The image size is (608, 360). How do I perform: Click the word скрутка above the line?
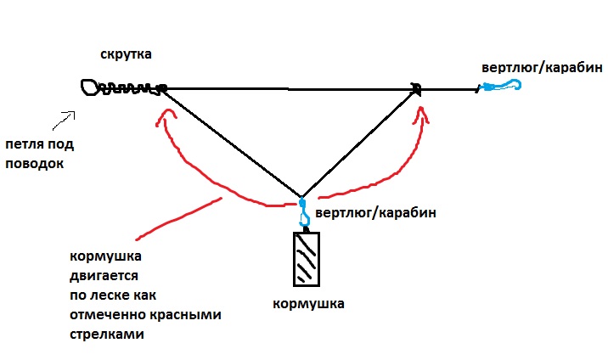pos(127,54)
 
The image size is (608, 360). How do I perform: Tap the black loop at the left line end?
pos(89,86)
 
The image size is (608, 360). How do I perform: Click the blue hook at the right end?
pos(504,84)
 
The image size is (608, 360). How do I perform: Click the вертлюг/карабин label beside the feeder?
pos(375,213)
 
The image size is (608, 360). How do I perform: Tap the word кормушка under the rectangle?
pos(308,303)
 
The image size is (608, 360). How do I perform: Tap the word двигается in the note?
pos(104,275)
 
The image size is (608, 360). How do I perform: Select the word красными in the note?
pos(183,315)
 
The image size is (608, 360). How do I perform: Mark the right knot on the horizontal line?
pos(416,87)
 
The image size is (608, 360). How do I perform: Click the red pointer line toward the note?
pos(178,217)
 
